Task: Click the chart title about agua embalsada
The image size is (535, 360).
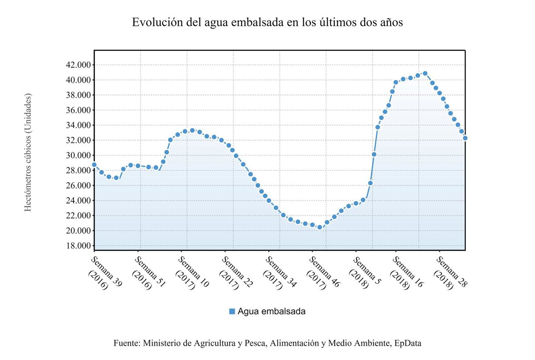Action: (x=267, y=23)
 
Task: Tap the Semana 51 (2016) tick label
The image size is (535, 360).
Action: (x=147, y=272)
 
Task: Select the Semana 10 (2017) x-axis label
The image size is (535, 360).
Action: (x=190, y=272)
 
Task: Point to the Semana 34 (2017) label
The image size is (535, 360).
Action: (x=277, y=272)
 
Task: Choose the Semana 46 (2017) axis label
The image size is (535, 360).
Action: (x=321, y=272)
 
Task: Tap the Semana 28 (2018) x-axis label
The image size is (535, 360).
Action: (x=448, y=272)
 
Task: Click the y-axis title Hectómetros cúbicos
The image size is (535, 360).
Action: (x=28, y=153)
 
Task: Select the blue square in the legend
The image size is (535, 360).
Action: (x=232, y=311)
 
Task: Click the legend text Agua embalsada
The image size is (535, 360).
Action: (x=272, y=311)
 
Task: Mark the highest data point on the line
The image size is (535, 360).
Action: (x=425, y=74)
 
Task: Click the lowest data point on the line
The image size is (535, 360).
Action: (x=319, y=227)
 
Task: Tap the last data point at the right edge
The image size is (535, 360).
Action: (x=465, y=138)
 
